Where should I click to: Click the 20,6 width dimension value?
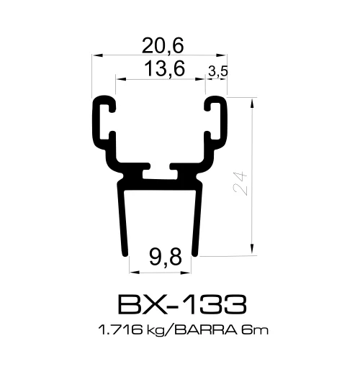click(163, 46)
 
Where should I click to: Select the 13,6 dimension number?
click(163, 69)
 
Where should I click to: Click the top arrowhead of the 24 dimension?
click(253, 101)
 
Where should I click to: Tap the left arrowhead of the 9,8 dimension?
click(132, 270)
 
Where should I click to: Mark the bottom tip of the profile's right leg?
click(199, 252)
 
